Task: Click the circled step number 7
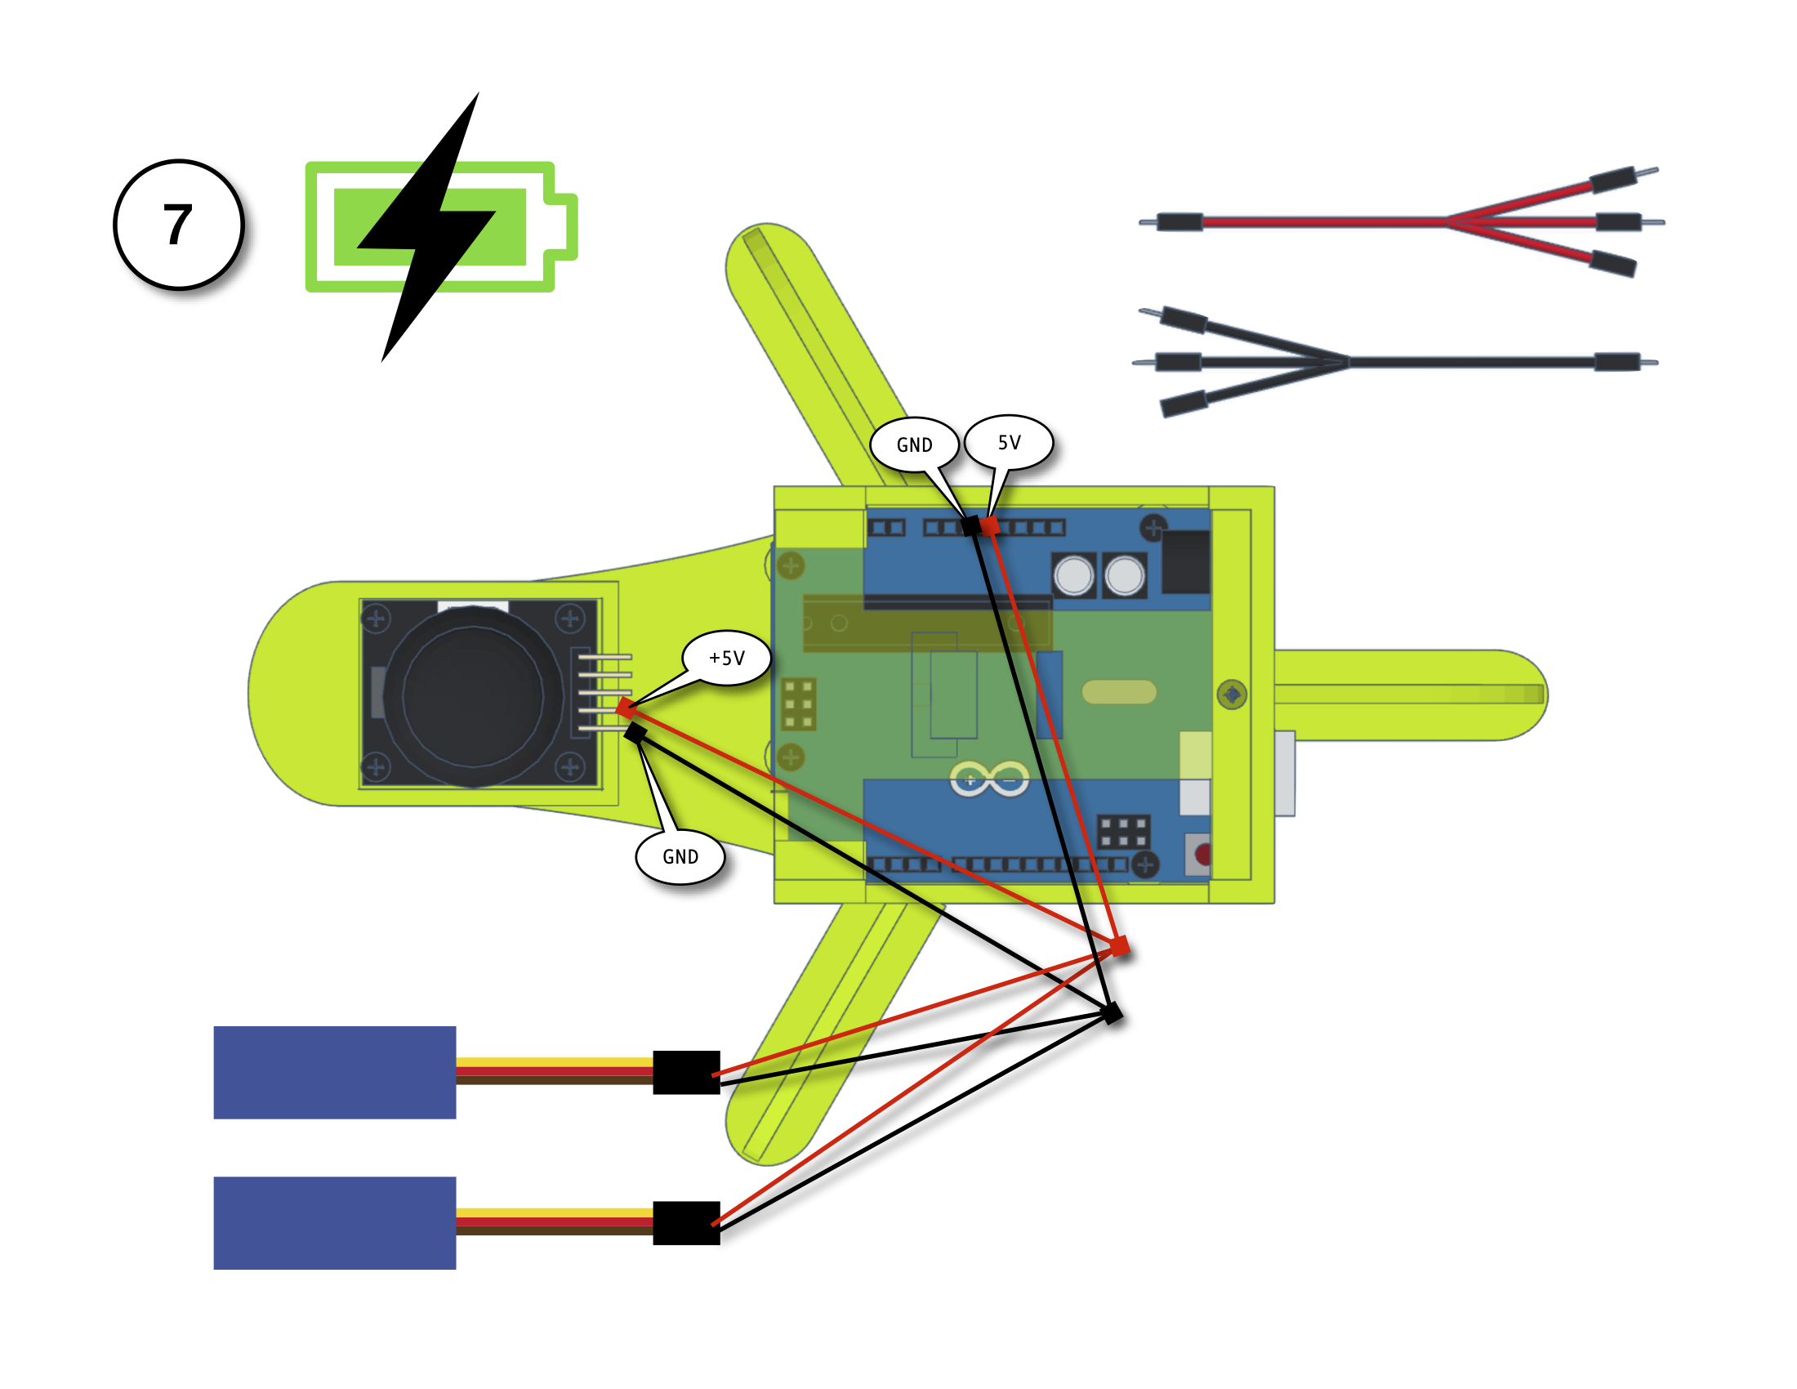[x=179, y=225]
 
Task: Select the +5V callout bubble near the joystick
[x=726, y=658]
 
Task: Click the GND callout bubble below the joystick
[x=680, y=856]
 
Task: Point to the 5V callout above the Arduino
[x=1009, y=442]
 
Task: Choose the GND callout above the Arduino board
[x=914, y=444]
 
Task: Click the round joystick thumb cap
[x=472, y=695]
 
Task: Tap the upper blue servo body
[x=334, y=1072]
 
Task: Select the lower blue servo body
[x=334, y=1223]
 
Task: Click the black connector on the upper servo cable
[x=686, y=1072]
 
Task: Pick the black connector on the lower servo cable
[x=686, y=1223]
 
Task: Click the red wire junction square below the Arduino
[x=1119, y=947]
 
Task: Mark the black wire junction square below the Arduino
[x=1112, y=1013]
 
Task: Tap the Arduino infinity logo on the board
[x=989, y=779]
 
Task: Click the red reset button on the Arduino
[x=1202, y=854]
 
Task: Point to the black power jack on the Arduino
[x=1186, y=562]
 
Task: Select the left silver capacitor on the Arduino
[x=1074, y=575]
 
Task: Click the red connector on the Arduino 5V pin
[x=990, y=526]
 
